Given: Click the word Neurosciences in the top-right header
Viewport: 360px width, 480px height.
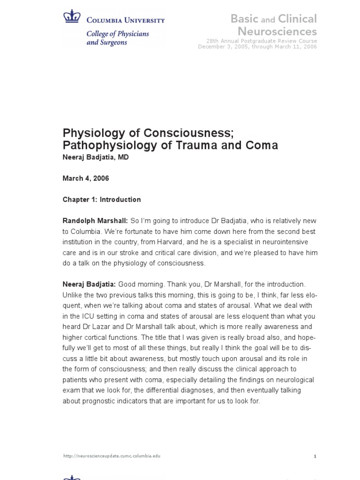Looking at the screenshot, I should [x=277, y=31].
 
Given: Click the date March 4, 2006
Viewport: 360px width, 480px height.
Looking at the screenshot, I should [x=86, y=178].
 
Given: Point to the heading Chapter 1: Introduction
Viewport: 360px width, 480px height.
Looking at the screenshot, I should [x=102, y=199].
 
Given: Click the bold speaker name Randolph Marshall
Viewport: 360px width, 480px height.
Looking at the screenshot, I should [x=95, y=220].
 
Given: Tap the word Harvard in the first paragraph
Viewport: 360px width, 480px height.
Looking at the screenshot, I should [x=198, y=242].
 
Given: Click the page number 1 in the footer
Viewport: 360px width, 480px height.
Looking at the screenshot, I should [x=315, y=456].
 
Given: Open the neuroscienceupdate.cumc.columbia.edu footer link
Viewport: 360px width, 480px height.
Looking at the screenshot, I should [x=112, y=456].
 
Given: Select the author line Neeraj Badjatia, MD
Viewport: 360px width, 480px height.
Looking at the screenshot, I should [x=96, y=157].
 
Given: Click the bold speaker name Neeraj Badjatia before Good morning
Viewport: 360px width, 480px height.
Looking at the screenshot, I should [x=89, y=284].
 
